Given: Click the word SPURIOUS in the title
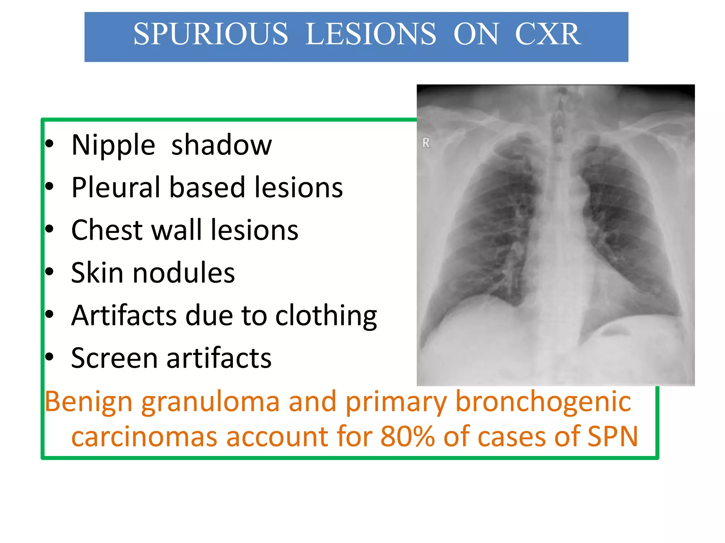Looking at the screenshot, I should click(x=211, y=34).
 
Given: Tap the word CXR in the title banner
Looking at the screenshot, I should click(x=548, y=34).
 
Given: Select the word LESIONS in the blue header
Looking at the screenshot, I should click(x=370, y=34).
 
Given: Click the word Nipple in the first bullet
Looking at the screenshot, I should click(x=113, y=145).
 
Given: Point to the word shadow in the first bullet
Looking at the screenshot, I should click(x=222, y=145).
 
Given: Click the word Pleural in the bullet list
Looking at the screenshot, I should click(x=115, y=187).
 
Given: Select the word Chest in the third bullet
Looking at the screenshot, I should click(x=107, y=230).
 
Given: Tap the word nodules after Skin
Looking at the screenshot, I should click(x=183, y=273).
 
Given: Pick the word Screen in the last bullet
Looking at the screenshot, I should click(x=114, y=358).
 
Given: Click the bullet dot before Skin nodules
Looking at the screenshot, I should click(x=49, y=272).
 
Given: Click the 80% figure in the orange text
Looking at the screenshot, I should click(x=407, y=437).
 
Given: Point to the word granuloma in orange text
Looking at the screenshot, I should click(x=210, y=403).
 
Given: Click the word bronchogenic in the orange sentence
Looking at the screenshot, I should click(x=543, y=403).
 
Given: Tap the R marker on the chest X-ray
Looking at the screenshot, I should click(x=426, y=143).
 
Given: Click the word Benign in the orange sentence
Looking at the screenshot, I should click(x=89, y=403).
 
